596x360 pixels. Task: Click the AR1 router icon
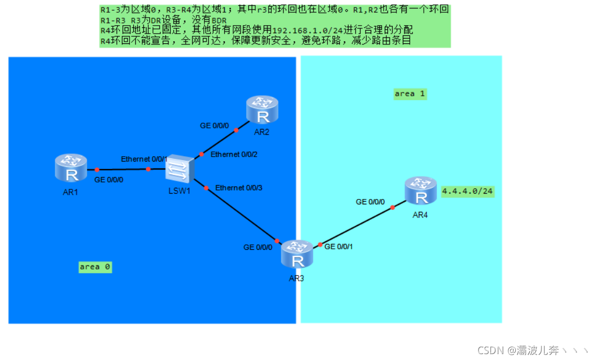pos(71,167)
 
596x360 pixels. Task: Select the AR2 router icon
pos(262,110)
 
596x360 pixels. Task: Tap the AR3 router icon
pos(297,254)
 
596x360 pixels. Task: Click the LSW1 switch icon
pos(179,169)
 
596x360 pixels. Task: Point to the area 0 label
pos(95,266)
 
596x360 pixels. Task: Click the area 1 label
pos(410,94)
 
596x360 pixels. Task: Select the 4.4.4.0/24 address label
pos(468,192)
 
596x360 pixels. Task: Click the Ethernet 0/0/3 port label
pos(239,188)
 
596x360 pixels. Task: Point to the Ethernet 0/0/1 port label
pos(144,159)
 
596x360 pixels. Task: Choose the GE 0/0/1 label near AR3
pos(339,247)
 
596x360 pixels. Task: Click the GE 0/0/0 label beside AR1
pos(109,180)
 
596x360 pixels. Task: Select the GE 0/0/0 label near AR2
pos(214,126)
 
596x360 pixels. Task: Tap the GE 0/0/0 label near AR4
pos(370,202)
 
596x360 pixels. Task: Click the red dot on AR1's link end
pos(97,169)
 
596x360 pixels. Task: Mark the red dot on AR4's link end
pos(392,206)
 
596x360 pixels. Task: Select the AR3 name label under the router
pos(296,278)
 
